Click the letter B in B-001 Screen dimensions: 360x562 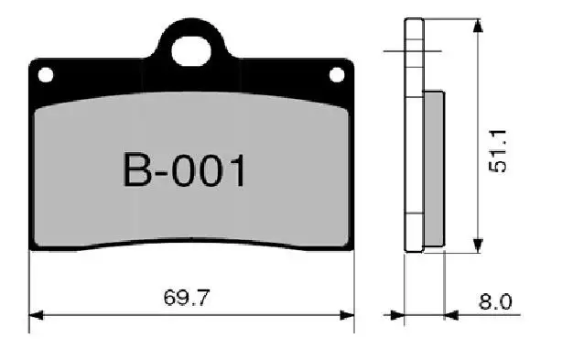point(138,171)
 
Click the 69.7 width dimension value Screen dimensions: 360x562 point(188,299)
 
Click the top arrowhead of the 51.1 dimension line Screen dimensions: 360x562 point(476,25)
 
